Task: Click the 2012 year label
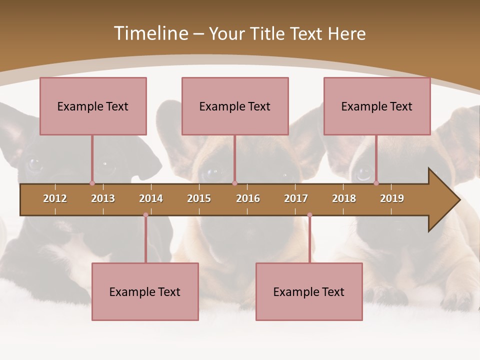click(x=55, y=198)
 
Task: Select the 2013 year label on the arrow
click(x=103, y=198)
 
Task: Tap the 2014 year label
click(x=151, y=198)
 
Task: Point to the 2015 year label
click(x=199, y=198)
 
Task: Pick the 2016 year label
click(x=248, y=198)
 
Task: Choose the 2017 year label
click(x=296, y=198)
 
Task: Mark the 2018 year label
click(x=344, y=198)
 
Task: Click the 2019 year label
click(x=392, y=198)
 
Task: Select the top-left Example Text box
click(x=93, y=106)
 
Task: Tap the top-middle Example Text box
click(x=235, y=106)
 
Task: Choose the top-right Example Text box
click(x=377, y=106)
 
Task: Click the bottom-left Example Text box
click(x=145, y=291)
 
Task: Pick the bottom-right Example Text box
click(x=309, y=291)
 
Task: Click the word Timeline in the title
click(x=150, y=33)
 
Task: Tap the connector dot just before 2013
click(x=92, y=183)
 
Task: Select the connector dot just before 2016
click(x=234, y=183)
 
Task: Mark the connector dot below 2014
click(x=145, y=215)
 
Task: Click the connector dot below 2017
click(x=309, y=215)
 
